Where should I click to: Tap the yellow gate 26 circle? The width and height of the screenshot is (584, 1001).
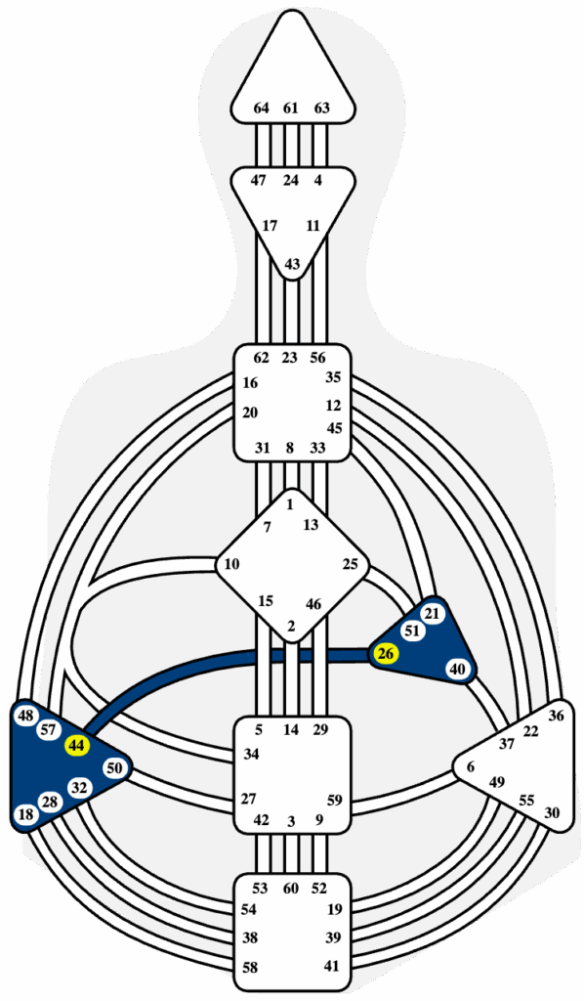click(x=385, y=654)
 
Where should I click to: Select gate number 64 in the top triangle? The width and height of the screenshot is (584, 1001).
click(x=261, y=108)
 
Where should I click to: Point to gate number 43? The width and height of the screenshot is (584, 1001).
click(x=292, y=264)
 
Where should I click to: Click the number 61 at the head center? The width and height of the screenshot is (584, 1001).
click(x=291, y=108)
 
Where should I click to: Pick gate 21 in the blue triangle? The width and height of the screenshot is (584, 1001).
click(x=433, y=614)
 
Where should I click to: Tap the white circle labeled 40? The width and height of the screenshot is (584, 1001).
click(x=458, y=669)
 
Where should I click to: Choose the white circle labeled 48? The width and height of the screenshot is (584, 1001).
click(x=25, y=716)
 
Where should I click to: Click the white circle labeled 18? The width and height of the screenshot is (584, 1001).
click(x=25, y=814)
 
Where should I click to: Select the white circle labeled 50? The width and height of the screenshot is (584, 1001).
click(x=114, y=768)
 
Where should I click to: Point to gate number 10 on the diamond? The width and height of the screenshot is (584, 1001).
click(x=232, y=564)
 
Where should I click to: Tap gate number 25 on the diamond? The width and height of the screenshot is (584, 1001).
click(x=350, y=564)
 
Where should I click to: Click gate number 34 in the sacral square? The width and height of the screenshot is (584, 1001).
click(x=251, y=754)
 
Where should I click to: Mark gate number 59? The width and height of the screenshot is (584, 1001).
click(x=335, y=799)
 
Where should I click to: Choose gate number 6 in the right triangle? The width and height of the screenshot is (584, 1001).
click(x=471, y=766)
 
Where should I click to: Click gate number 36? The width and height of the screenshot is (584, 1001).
click(x=556, y=716)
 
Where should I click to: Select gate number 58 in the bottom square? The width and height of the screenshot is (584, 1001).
click(x=251, y=968)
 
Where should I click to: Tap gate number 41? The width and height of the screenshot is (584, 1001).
click(x=331, y=966)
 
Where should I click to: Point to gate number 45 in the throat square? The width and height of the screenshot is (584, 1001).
click(x=334, y=428)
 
